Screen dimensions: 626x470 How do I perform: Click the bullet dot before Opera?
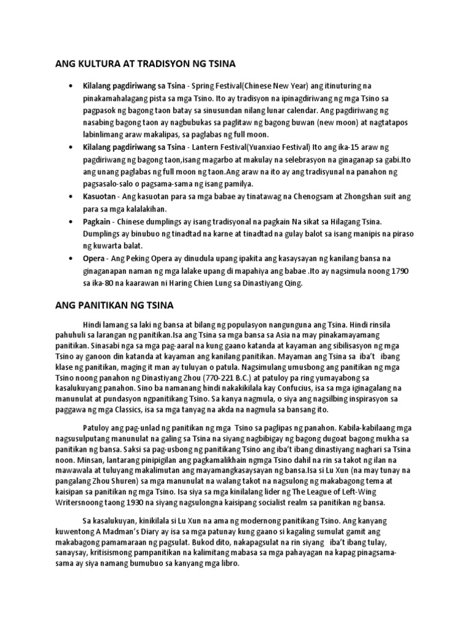[73, 258]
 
